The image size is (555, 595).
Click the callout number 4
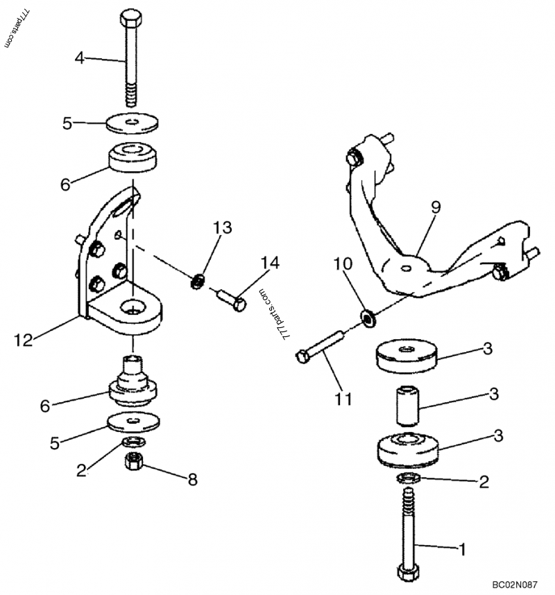[x=79, y=58]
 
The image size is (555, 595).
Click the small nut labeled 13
[x=198, y=281]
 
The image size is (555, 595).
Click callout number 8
[x=192, y=478]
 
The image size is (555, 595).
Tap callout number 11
[x=344, y=399]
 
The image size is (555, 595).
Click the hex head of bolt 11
[x=302, y=356]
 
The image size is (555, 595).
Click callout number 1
[x=460, y=550]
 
